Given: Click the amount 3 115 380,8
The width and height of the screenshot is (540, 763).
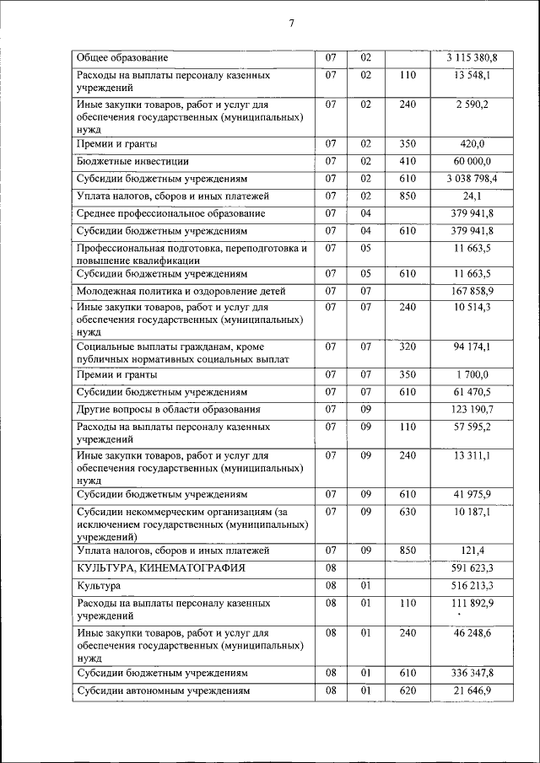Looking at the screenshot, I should tap(472, 58).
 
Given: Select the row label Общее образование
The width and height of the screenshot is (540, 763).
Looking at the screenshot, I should tap(122, 58).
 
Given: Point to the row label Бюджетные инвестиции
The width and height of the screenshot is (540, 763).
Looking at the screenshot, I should tap(132, 160).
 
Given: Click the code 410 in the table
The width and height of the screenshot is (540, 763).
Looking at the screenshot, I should tap(408, 160).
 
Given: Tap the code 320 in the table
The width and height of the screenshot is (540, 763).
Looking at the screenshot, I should tap(408, 347).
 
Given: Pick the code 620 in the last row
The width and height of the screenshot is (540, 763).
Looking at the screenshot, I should tap(408, 691).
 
